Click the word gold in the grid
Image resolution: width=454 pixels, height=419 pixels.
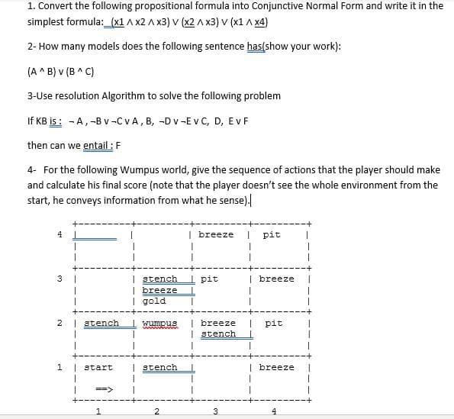click(154, 301)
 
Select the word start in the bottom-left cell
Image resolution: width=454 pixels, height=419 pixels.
click(98, 368)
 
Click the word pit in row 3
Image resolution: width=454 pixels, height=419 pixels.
click(209, 279)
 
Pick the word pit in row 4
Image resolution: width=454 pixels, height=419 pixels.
click(271, 235)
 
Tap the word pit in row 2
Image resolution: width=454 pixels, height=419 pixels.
click(272, 324)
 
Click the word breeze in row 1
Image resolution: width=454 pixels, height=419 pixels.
click(276, 368)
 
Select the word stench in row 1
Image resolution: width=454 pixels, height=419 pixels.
click(160, 368)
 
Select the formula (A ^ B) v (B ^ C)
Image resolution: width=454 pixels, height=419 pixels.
click(60, 73)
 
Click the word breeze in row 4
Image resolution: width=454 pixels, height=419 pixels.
click(216, 235)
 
